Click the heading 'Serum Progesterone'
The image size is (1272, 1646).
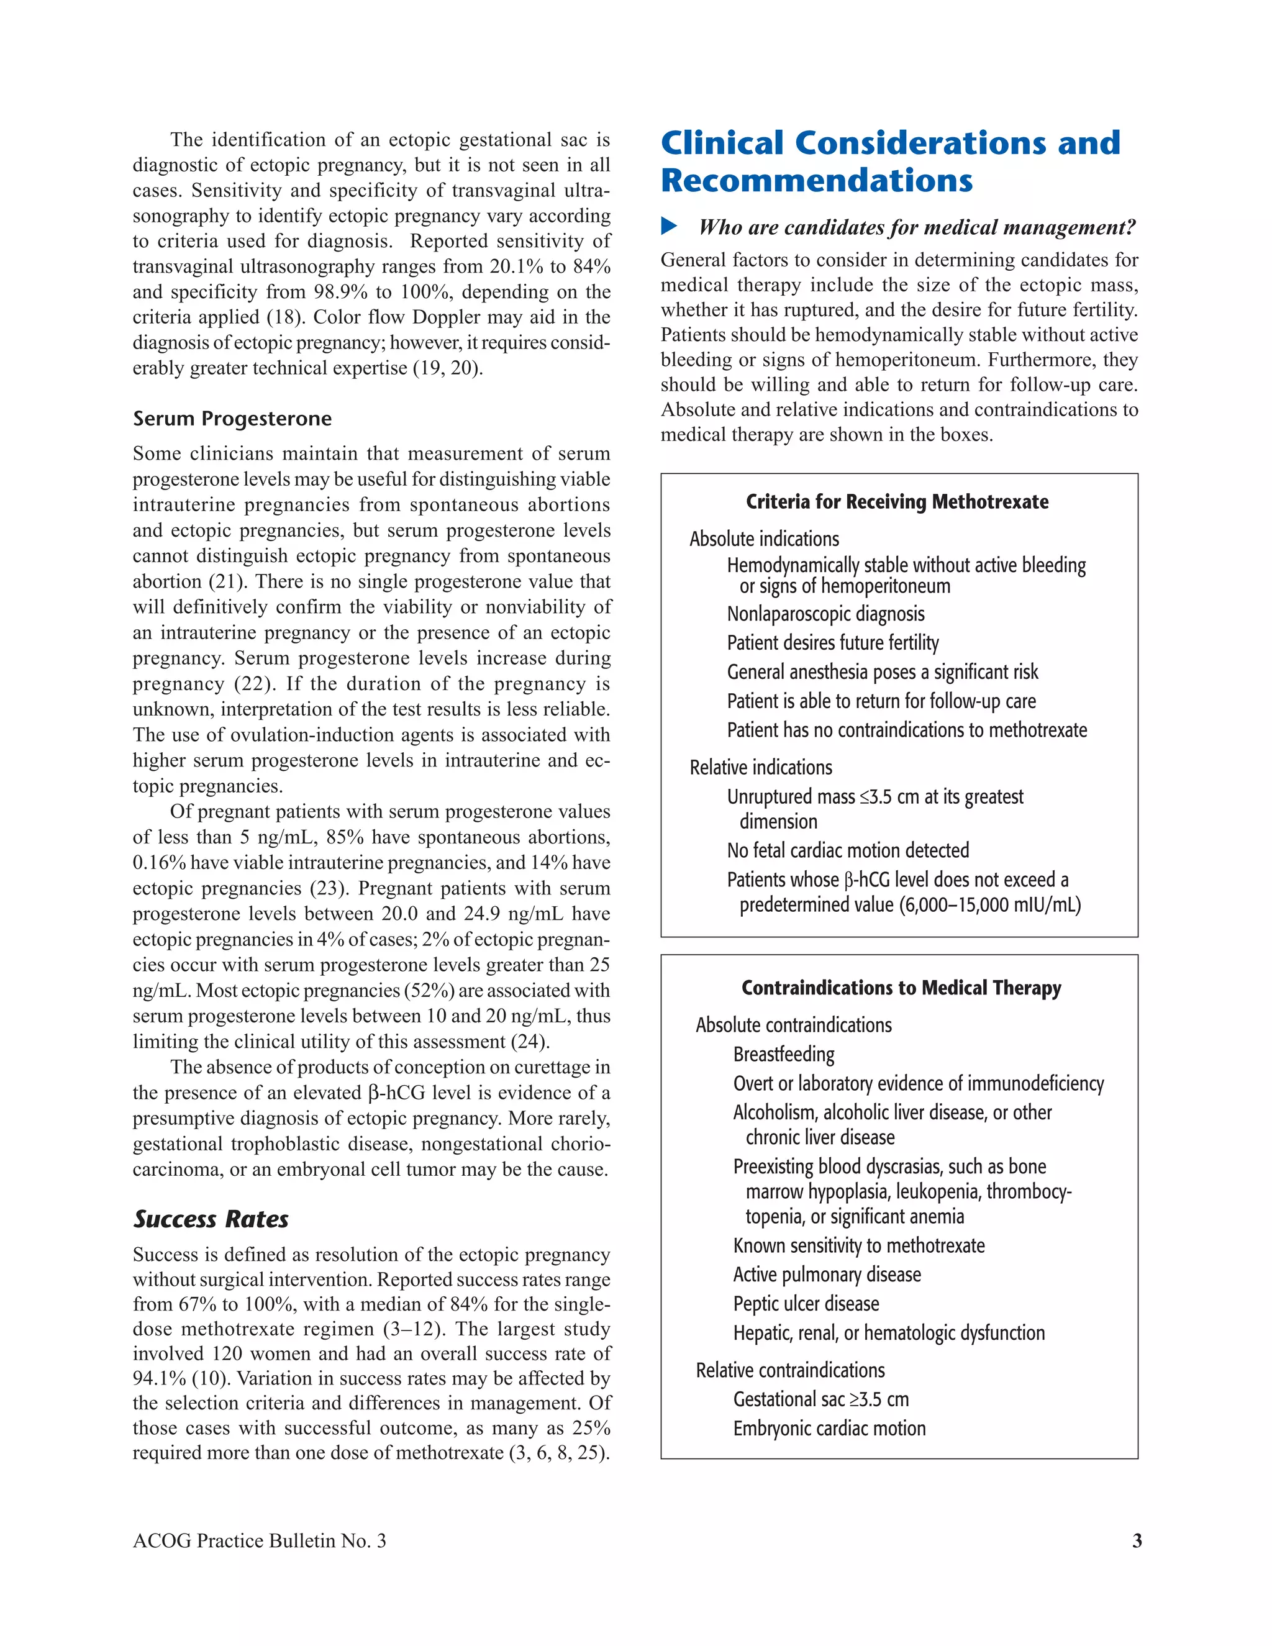point(232,419)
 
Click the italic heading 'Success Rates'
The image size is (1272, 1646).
point(211,1219)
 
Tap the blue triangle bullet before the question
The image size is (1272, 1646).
point(669,225)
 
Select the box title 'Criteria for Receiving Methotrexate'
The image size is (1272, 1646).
point(897,502)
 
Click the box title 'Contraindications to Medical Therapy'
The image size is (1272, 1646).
point(901,988)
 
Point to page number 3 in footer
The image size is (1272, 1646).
point(1137,1540)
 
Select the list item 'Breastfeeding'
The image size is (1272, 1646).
point(784,1055)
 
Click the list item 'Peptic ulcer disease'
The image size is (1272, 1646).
point(806,1304)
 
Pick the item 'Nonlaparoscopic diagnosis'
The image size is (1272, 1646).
point(825,614)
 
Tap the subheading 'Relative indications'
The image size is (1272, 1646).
point(760,768)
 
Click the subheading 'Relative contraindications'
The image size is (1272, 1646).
point(790,1370)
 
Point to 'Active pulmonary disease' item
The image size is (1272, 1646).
point(827,1275)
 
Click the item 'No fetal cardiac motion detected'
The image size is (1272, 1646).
point(848,851)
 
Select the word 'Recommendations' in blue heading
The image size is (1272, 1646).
point(816,181)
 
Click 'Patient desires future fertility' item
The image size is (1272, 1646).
point(833,643)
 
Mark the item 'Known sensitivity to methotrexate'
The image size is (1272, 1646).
point(858,1246)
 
